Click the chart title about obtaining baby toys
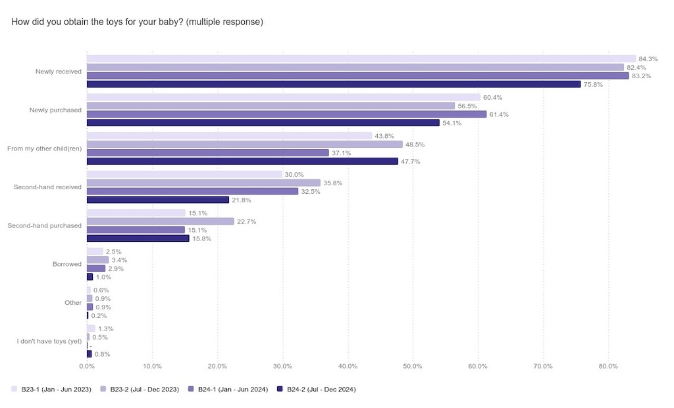(x=137, y=22)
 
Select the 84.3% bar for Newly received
(x=361, y=58)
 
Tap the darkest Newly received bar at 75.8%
(x=333, y=84)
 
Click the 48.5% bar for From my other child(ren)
(x=244, y=145)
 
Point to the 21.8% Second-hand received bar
(x=158, y=200)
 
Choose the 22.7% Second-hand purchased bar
(x=160, y=221)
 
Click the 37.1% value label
(x=341, y=153)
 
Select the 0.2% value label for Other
(x=100, y=315)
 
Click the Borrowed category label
(x=66, y=264)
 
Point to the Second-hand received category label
(x=47, y=187)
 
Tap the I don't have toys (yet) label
(x=49, y=341)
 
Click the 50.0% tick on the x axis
(x=413, y=366)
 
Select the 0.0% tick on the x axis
(x=86, y=366)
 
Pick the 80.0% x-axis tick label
(x=608, y=366)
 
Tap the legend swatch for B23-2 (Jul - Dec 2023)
(x=103, y=390)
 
